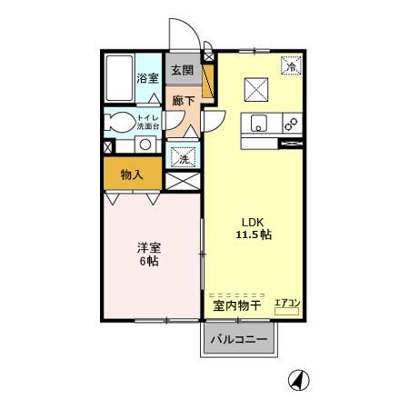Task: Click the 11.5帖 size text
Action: point(254,234)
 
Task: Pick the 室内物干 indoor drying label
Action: point(237,306)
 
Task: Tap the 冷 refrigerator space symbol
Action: point(291,66)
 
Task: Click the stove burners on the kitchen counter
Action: point(291,124)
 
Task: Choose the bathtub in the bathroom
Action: point(117,81)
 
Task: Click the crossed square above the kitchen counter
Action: point(254,90)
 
